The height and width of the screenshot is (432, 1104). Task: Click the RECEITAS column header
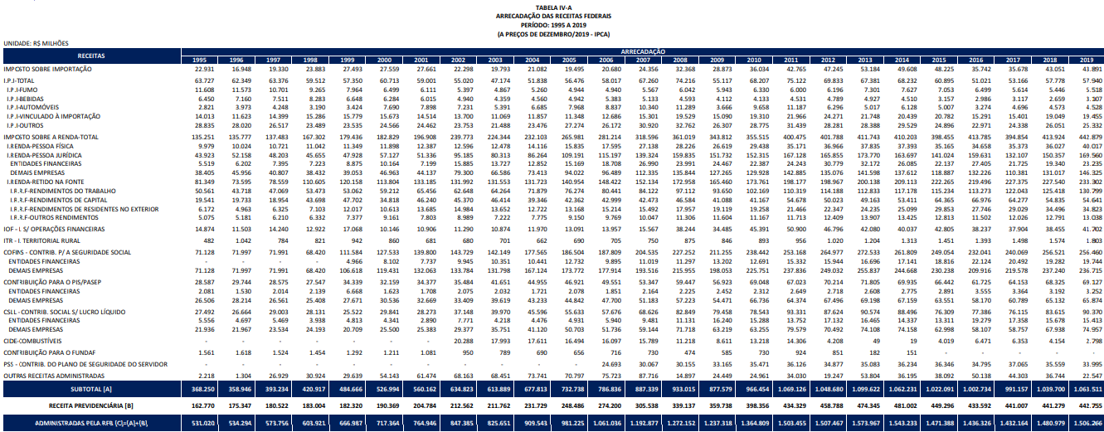[90, 55]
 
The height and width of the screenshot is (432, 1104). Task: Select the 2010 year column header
[753, 61]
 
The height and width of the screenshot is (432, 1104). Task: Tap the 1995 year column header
[200, 61]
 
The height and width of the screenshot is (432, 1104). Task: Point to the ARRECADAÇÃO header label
[642, 51]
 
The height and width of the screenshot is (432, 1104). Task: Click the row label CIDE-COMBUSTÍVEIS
[33, 341]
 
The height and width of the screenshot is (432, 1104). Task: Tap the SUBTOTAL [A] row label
[90, 387]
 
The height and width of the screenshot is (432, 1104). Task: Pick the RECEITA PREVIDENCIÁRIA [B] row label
[90, 405]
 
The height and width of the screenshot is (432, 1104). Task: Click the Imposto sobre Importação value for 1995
[200, 69]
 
